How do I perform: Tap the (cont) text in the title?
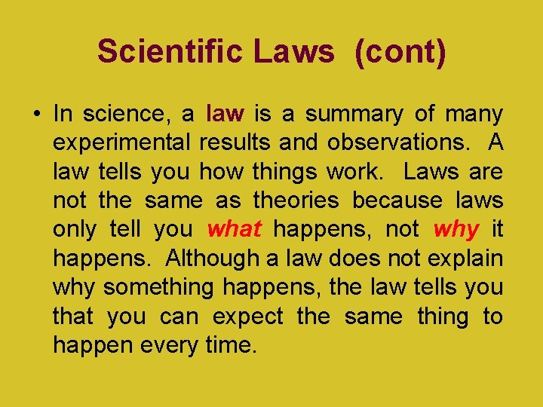click(x=400, y=52)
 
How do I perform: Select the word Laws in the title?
click(x=294, y=52)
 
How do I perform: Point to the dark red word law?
click(x=225, y=114)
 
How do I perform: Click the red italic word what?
click(x=234, y=228)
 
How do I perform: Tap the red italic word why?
click(x=456, y=228)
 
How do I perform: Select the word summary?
click(x=354, y=114)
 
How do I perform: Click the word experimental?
click(x=121, y=143)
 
